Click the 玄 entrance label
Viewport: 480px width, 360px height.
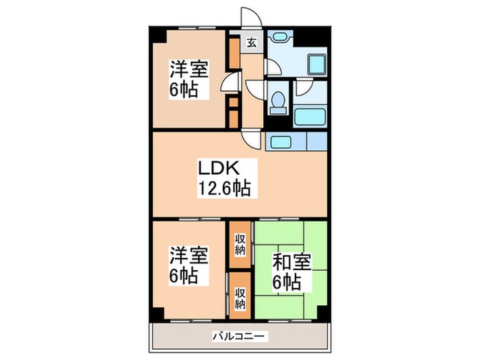(x=251, y=43)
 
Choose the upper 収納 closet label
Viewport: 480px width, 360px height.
(x=241, y=243)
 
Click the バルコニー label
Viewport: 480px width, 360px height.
(x=239, y=337)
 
